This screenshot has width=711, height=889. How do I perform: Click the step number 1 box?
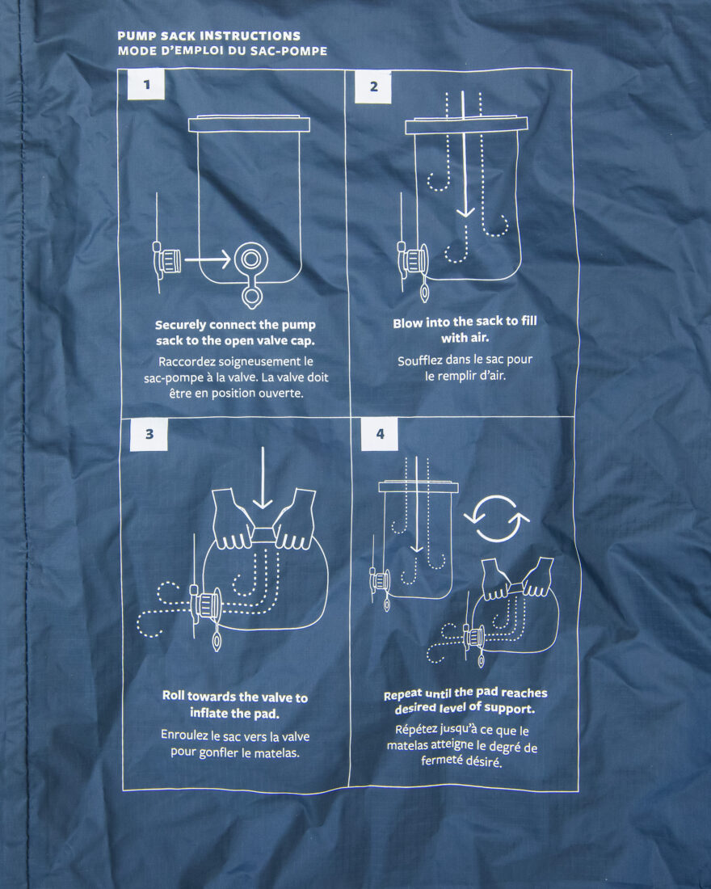tap(146, 85)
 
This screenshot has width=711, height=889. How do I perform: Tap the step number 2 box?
tap(373, 86)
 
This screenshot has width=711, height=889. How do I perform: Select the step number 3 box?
tap(149, 434)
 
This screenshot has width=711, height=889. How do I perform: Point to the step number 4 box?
tap(380, 434)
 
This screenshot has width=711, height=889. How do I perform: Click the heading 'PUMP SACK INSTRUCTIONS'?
tap(208, 36)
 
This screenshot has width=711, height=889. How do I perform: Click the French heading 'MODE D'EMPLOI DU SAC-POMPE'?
tap(222, 51)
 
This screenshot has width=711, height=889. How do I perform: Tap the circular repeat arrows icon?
tap(497, 518)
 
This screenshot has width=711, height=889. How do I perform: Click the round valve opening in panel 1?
tap(250, 259)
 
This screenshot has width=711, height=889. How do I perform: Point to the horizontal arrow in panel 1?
tap(208, 259)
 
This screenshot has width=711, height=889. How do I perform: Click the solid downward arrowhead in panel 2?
tap(465, 212)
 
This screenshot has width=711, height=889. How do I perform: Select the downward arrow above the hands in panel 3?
tap(263, 478)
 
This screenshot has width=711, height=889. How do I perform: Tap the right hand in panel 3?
tap(295, 520)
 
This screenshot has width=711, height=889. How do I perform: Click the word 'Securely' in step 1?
tap(180, 326)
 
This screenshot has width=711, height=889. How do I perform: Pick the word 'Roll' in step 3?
tap(174, 696)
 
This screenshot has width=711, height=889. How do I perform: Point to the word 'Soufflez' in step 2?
tap(420, 360)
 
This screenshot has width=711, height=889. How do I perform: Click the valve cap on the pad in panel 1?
tap(168, 261)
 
